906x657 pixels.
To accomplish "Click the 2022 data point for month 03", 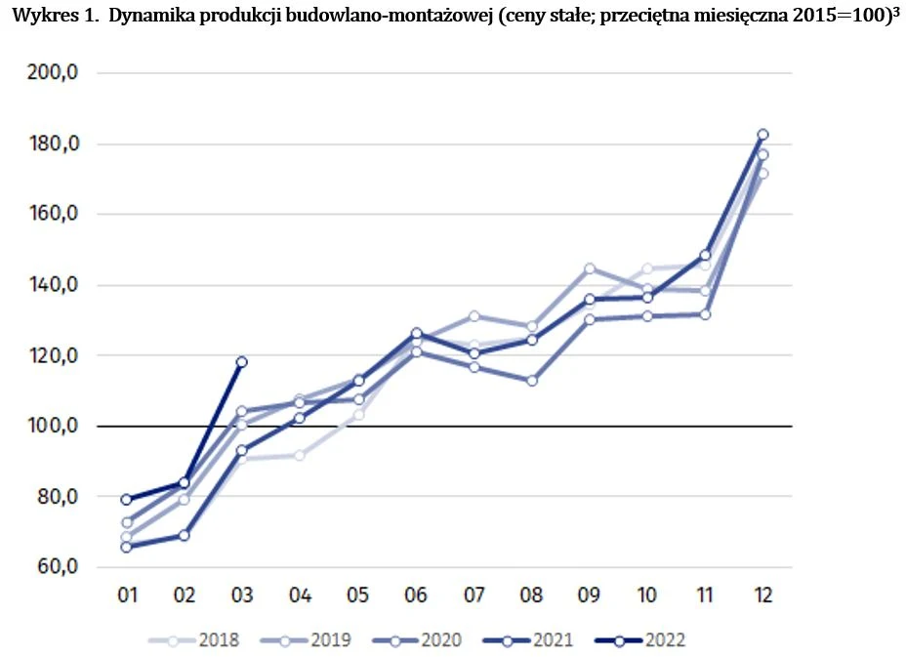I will tap(241, 362).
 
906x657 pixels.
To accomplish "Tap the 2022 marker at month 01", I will tap(126, 500).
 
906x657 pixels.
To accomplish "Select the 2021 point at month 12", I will tap(763, 135).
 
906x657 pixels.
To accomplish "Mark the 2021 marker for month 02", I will tap(184, 535).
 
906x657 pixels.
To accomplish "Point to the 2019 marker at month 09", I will tap(590, 268).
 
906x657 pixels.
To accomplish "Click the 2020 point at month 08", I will tap(532, 381).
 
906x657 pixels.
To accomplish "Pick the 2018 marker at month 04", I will tap(300, 455).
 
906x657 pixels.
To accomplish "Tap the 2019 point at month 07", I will tap(474, 315).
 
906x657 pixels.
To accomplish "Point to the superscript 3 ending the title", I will tap(895, 15).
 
